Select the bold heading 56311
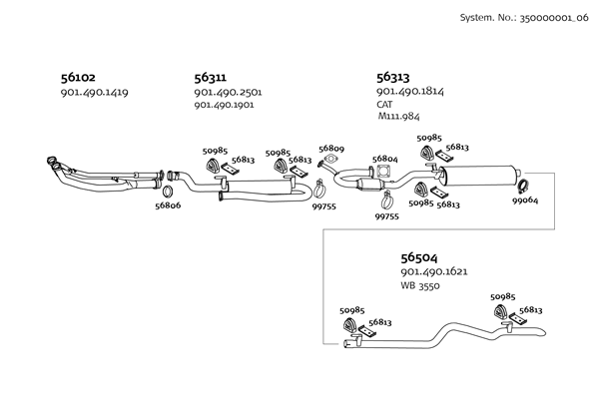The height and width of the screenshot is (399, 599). point(210,76)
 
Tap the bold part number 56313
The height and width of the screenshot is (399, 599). point(392,76)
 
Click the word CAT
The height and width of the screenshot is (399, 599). point(385,104)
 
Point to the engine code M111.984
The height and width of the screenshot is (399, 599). point(399,117)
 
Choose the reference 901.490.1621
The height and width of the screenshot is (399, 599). point(434,271)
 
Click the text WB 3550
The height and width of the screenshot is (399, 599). point(420,285)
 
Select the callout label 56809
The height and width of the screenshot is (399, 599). point(331,149)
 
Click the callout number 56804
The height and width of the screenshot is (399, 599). point(385,159)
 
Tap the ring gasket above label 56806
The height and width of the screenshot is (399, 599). point(169,189)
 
